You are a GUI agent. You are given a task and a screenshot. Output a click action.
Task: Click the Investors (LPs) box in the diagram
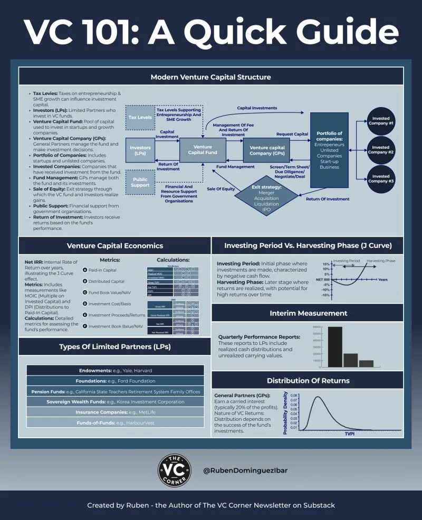(x=140, y=150)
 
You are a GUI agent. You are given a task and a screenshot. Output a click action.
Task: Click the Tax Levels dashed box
(x=140, y=117)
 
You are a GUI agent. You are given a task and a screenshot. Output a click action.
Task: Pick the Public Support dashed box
(x=140, y=182)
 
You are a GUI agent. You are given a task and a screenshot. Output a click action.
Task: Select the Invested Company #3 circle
(x=381, y=178)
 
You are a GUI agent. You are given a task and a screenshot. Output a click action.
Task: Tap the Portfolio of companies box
(x=329, y=150)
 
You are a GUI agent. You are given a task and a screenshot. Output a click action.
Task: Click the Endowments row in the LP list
(x=115, y=370)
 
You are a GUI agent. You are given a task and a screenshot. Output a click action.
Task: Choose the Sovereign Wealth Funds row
(x=115, y=401)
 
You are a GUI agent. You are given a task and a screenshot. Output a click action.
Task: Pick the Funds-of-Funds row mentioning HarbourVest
(x=115, y=422)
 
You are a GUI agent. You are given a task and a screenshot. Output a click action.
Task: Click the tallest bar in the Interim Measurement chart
(x=335, y=346)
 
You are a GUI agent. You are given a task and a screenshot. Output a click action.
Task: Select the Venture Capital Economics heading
(x=114, y=245)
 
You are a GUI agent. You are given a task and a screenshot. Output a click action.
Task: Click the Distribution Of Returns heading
(x=308, y=380)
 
